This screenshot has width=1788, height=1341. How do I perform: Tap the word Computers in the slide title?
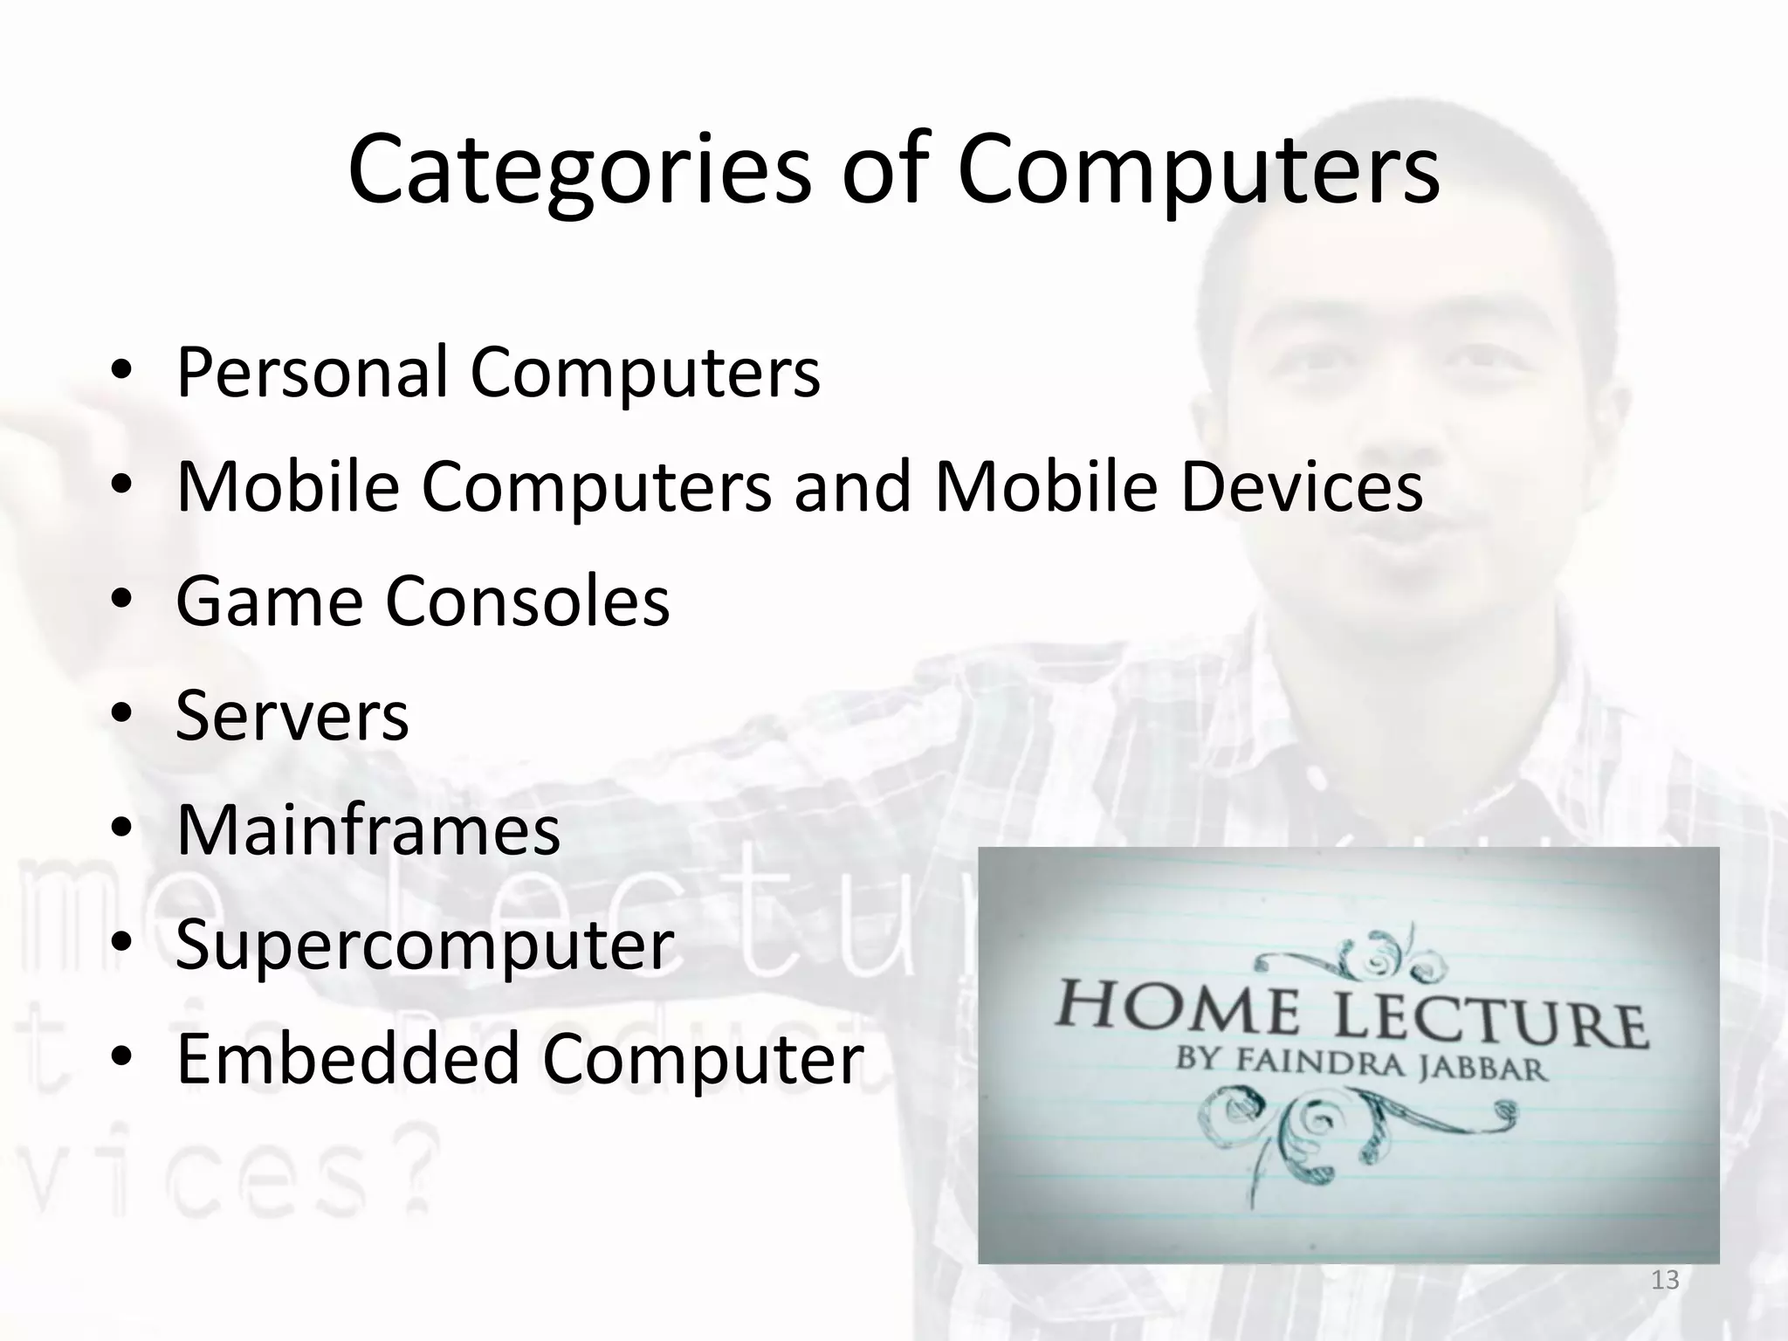click(x=1198, y=169)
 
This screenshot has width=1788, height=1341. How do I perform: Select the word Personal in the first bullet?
click(x=312, y=372)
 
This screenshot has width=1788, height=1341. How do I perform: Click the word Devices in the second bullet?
click(x=1302, y=486)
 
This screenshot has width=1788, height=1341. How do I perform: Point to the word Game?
click(x=269, y=602)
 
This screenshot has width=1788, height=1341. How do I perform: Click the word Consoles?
click(x=527, y=602)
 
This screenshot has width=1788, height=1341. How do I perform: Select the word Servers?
click(x=292, y=716)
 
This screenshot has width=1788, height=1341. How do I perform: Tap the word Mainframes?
click(x=368, y=830)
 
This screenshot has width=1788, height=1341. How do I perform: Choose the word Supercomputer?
click(x=424, y=946)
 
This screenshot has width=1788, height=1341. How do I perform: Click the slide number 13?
click(x=1665, y=1281)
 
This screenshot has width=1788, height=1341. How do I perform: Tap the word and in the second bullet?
click(x=852, y=486)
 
